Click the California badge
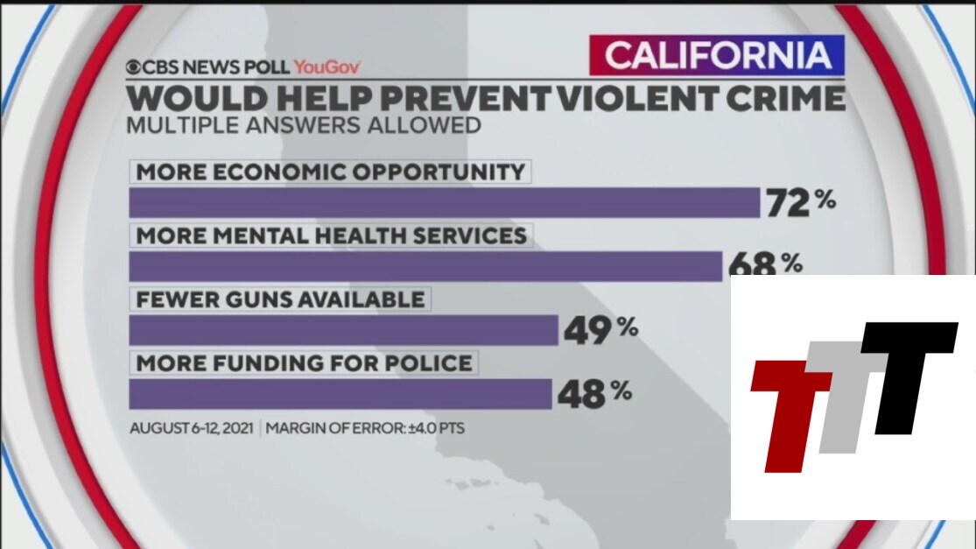point(716,56)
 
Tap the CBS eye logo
point(134,67)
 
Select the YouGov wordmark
point(327,67)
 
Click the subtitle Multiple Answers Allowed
point(304,124)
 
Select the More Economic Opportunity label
point(330,171)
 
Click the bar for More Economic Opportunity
point(444,202)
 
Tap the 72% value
point(801,202)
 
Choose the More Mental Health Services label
point(331,235)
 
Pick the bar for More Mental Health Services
point(425,265)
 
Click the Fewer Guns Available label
point(280,299)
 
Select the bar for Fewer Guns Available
point(343,330)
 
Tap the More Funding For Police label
point(304,362)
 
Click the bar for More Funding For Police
point(340,393)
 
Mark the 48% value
point(593,393)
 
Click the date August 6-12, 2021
point(192,429)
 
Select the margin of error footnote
point(365,429)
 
